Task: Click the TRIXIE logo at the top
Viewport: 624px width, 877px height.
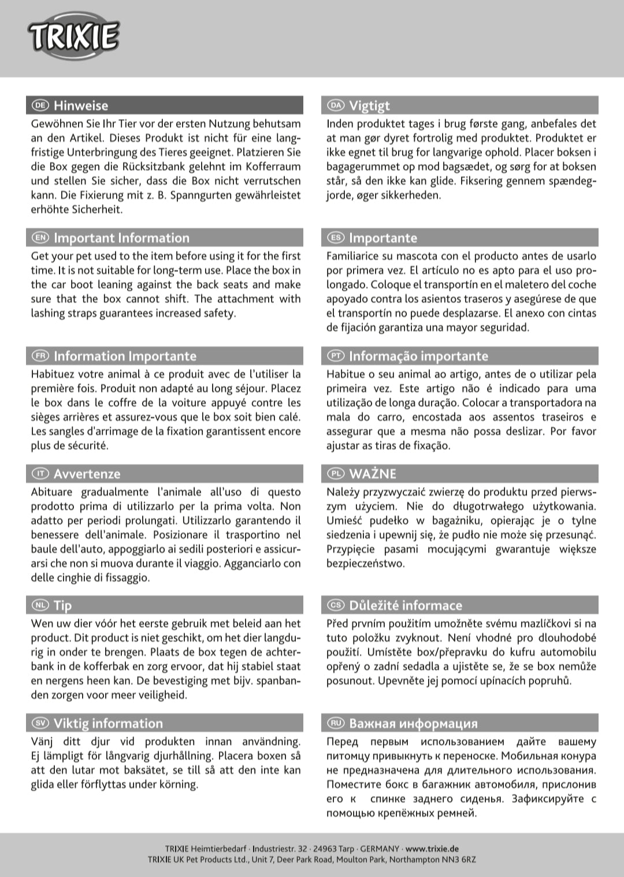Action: tap(73, 38)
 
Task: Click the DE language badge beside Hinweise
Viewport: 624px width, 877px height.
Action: tap(40, 105)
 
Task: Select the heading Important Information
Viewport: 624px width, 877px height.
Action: tap(121, 238)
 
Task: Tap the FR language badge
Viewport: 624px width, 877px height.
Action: tap(40, 356)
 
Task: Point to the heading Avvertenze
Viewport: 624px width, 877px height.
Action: tap(87, 474)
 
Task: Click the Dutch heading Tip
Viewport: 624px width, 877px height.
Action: tap(62, 605)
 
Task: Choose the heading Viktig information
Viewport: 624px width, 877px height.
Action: tap(108, 723)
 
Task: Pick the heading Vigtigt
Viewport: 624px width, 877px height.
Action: tap(369, 105)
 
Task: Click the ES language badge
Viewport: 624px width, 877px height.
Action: tap(336, 238)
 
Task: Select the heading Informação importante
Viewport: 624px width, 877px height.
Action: tap(418, 356)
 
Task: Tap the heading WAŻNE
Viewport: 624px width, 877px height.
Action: tap(373, 474)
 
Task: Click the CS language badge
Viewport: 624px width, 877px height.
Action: tap(336, 605)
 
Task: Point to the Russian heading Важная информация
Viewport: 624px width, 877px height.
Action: tap(413, 723)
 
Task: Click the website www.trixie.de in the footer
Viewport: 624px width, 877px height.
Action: tap(432, 849)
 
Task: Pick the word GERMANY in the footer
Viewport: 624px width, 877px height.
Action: tap(380, 849)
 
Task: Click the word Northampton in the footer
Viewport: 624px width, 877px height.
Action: tap(411, 860)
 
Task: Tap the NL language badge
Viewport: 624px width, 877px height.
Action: tap(40, 605)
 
